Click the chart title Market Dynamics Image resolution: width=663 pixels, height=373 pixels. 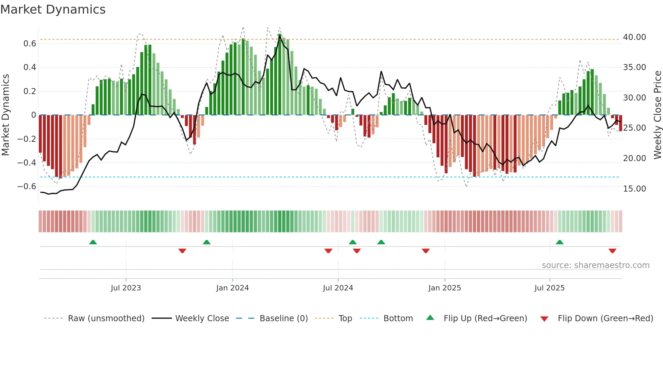click(53, 9)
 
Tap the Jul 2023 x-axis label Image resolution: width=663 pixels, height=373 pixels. click(126, 288)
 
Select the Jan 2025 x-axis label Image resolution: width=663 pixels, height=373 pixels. click(444, 288)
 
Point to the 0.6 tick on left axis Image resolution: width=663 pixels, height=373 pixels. click(30, 43)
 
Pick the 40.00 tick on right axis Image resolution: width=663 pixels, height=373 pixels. click(634, 37)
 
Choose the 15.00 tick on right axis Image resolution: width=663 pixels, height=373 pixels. click(634, 189)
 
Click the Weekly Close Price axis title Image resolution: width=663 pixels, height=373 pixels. click(657, 115)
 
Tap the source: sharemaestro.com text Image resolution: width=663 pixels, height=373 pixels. click(595, 265)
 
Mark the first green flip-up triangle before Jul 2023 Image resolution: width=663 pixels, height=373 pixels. click(93, 242)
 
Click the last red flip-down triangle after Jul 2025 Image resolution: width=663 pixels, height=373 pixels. click(612, 251)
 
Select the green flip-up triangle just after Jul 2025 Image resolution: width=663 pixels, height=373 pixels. click(559, 242)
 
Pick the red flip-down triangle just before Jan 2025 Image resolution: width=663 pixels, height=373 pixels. click(426, 251)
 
